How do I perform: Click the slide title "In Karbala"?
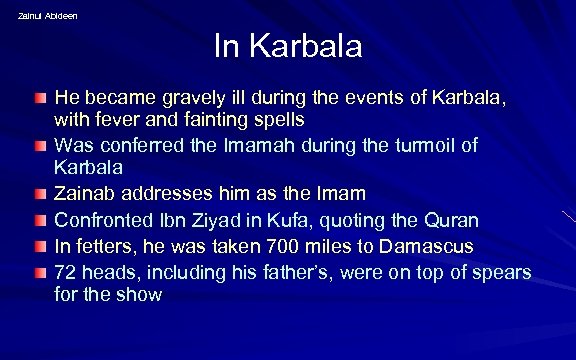(x=288, y=46)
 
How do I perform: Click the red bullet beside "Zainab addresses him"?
(x=38, y=193)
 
